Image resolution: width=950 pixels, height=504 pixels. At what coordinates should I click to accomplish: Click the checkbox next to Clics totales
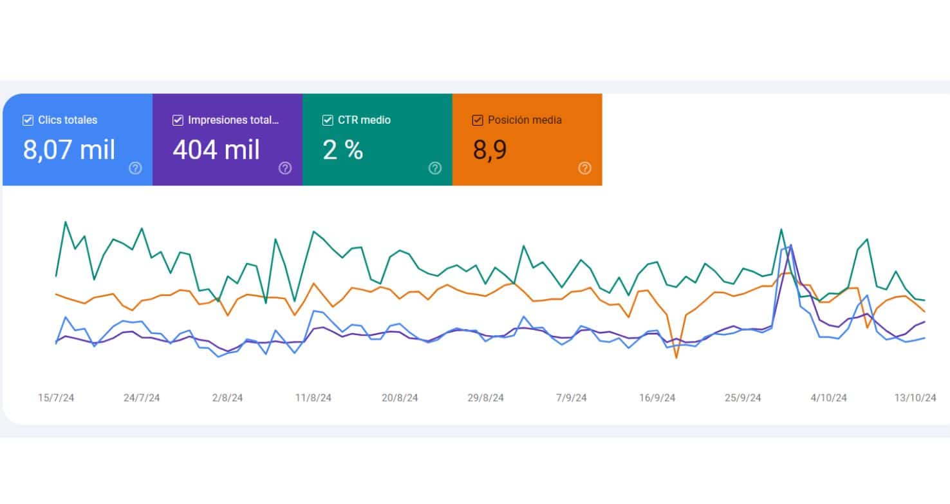(x=28, y=120)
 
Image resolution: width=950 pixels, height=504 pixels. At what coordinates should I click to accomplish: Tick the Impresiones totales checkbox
(x=178, y=120)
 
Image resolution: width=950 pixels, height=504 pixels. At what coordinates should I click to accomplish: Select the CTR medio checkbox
(x=328, y=120)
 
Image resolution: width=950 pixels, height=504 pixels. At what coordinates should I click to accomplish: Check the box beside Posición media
(x=478, y=120)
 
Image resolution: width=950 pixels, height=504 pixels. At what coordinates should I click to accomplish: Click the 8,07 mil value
(x=69, y=150)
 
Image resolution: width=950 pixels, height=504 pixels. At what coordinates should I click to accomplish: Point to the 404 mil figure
(x=216, y=150)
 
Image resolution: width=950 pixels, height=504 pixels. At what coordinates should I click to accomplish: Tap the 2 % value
(x=343, y=150)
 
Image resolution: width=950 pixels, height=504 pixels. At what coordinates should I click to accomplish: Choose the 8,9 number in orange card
(x=490, y=150)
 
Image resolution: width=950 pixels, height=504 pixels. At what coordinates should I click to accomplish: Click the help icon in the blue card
(x=135, y=168)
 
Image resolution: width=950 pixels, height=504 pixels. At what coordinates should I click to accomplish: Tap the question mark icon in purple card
(x=285, y=168)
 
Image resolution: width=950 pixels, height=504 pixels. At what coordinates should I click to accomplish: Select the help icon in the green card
(x=435, y=168)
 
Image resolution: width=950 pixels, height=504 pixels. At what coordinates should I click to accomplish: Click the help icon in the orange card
(x=584, y=168)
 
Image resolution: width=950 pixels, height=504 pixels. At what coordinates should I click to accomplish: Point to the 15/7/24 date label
(x=56, y=398)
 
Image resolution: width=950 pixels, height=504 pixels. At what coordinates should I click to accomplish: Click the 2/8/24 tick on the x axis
(x=227, y=398)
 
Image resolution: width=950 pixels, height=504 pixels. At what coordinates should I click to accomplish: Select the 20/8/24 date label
(x=400, y=398)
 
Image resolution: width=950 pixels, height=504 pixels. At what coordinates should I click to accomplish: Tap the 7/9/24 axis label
(x=572, y=398)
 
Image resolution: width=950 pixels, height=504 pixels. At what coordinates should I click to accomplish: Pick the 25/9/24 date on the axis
(x=743, y=398)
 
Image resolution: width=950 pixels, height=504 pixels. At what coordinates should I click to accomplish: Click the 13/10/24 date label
(x=915, y=398)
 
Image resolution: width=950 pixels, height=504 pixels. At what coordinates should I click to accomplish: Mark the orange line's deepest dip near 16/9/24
(x=676, y=358)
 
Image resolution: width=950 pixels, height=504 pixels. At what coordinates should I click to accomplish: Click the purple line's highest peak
(x=791, y=246)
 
